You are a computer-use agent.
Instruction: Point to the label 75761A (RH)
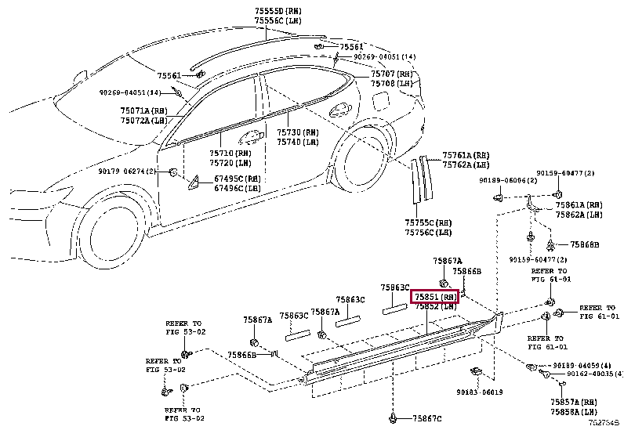coord(465,156)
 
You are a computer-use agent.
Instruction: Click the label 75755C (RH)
coord(428,222)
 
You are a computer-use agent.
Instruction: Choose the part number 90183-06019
coord(480,392)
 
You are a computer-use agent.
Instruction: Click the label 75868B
coord(584,245)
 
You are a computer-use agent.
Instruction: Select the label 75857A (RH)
coord(575,401)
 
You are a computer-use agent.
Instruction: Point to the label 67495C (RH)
coord(238,179)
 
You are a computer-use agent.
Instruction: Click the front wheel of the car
coord(110,232)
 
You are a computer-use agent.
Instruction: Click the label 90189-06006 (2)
coord(507,181)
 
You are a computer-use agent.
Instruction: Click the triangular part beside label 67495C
coord(193,185)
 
